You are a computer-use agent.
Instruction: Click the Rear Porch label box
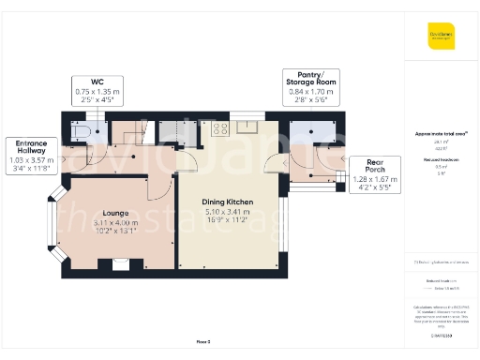(x=374, y=173)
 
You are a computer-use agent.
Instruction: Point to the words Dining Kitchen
(x=227, y=202)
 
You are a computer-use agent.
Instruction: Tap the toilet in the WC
(x=79, y=132)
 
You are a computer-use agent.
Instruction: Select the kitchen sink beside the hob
(x=247, y=127)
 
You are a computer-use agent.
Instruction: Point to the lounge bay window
(x=54, y=224)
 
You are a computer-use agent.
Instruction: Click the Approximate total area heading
(x=440, y=134)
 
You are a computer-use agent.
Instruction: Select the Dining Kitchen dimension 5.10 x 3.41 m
(x=227, y=213)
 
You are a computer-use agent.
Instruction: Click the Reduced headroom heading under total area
(x=440, y=159)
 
